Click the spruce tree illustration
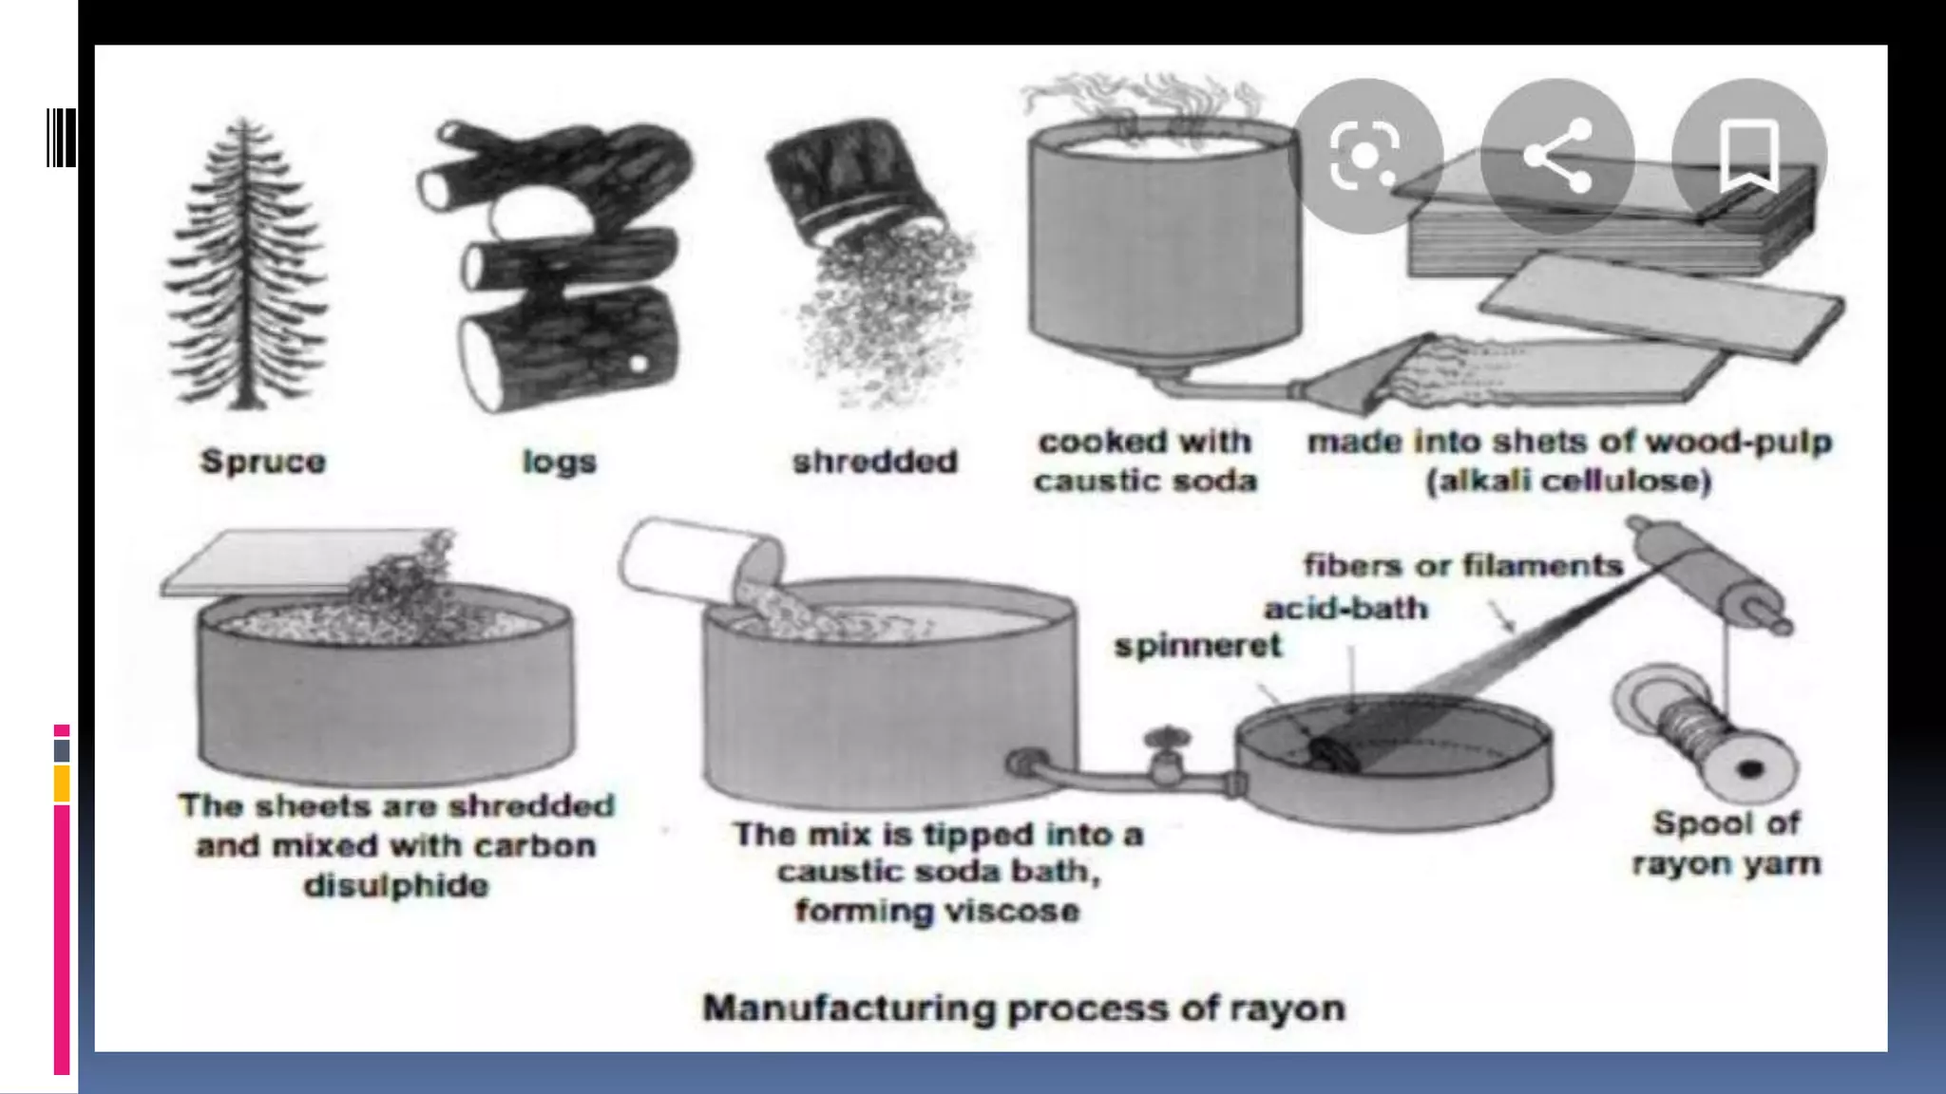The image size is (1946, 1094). coord(245,266)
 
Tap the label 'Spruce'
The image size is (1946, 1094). coord(263,462)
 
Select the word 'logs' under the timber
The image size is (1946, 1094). coord(559,462)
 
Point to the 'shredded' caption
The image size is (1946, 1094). coord(875,462)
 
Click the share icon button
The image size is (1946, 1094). coord(1557,156)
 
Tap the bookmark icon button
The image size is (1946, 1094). coord(1748,156)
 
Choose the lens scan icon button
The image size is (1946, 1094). coord(1365,156)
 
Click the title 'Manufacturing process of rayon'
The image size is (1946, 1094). coord(1023,1008)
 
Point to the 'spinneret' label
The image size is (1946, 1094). coord(1197,646)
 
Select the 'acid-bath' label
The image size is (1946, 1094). coord(1345,608)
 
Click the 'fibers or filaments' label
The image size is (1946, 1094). coord(1462,565)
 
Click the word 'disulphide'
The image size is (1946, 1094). coord(396,885)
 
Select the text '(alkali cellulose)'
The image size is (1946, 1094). coord(1568,481)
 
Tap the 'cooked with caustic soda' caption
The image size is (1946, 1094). coord(1145,462)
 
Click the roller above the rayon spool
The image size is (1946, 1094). coord(1707,574)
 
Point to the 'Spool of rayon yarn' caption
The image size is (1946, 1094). coord(1726,843)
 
